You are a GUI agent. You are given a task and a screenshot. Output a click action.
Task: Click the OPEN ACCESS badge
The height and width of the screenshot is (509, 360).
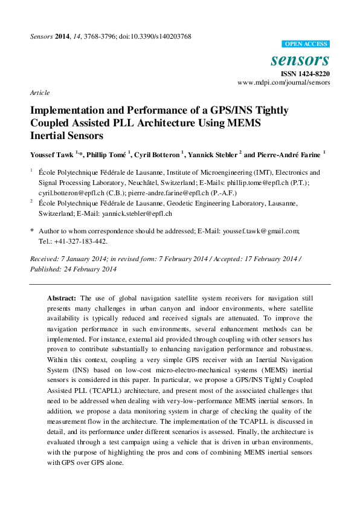point(306,44)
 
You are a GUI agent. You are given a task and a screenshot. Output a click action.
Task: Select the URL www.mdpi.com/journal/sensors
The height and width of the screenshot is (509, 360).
point(284,82)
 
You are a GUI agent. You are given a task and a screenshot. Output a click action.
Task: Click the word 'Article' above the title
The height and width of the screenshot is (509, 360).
point(39,92)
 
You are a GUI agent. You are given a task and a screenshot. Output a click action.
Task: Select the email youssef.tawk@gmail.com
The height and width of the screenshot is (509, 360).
point(262,231)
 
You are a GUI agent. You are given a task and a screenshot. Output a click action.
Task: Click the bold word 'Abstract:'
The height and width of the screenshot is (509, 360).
point(62,299)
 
